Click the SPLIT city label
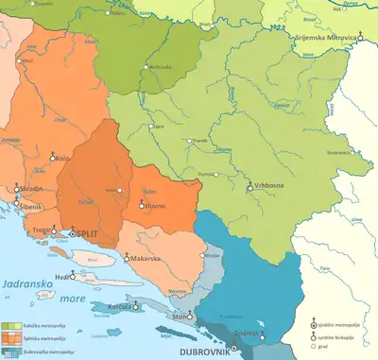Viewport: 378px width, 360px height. (x=93, y=231)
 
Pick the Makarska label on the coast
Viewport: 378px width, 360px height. (x=144, y=257)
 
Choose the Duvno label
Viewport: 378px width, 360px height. (x=156, y=205)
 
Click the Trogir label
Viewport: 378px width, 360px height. (x=41, y=230)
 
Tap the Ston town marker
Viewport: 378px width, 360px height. (x=191, y=315)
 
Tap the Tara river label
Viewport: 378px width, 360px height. (x=326, y=269)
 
